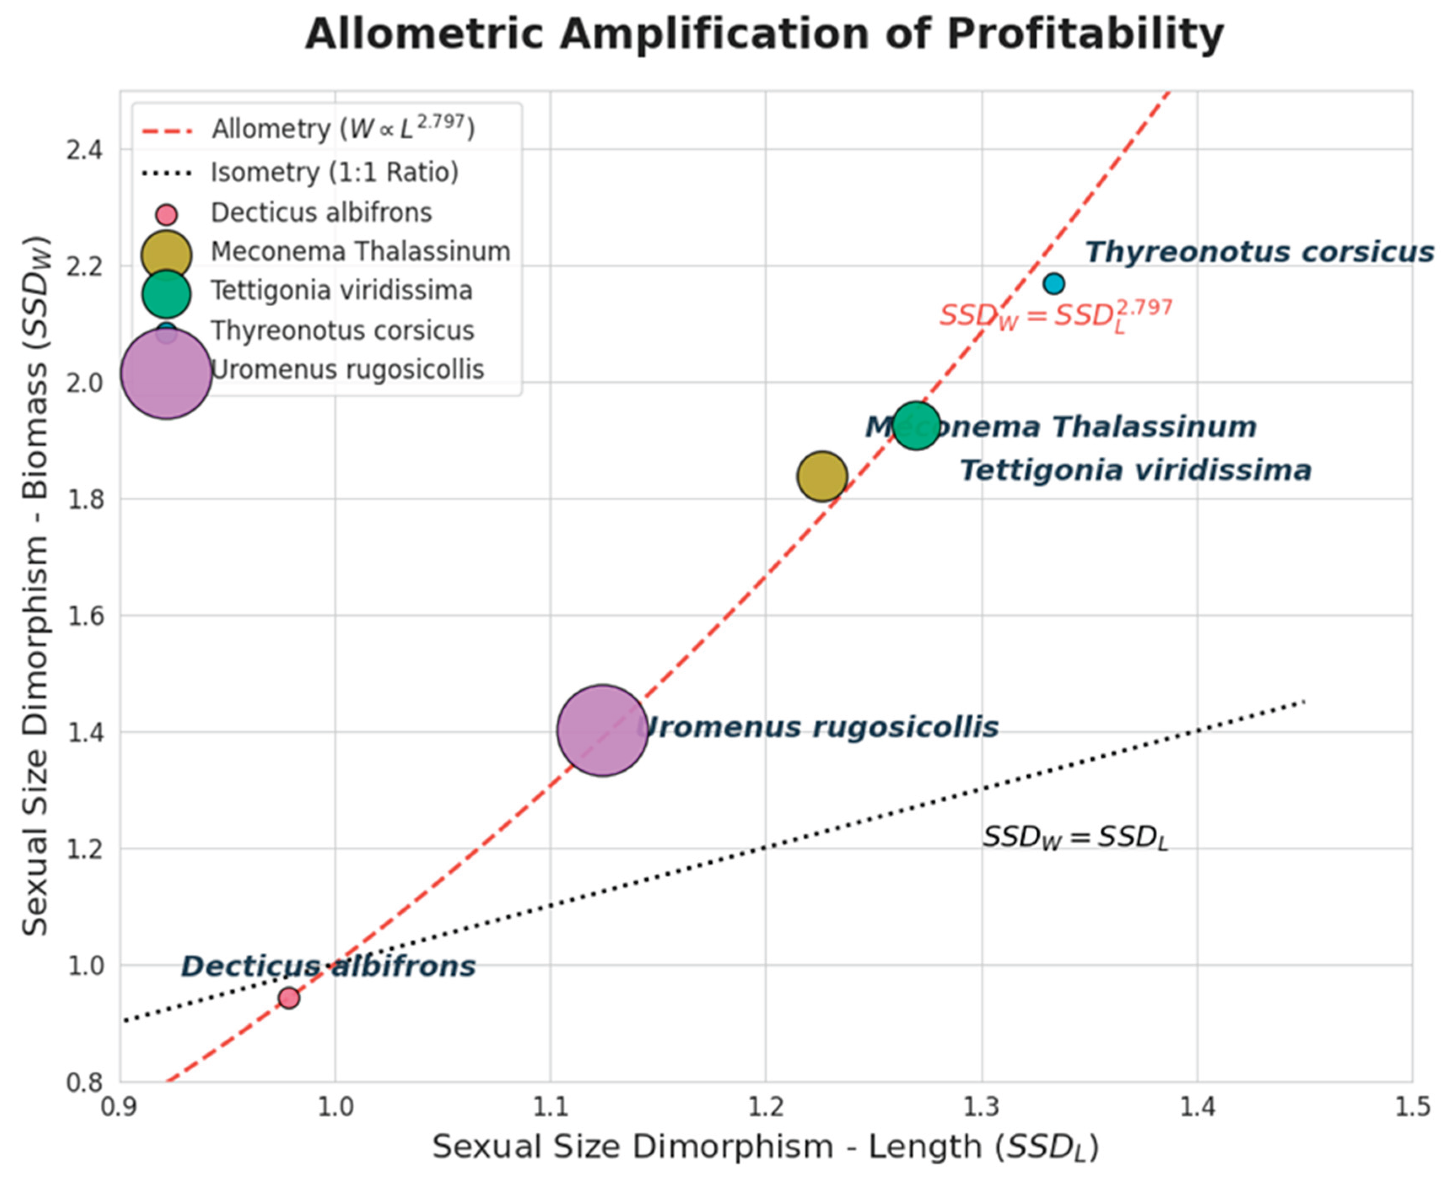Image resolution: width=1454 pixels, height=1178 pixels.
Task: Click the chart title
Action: click(x=764, y=34)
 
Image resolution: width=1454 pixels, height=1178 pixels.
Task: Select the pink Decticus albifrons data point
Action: click(x=289, y=997)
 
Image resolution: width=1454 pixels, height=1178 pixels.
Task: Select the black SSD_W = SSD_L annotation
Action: click(x=1075, y=837)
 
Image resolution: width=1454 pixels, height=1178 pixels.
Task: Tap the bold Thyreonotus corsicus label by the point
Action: click(x=1259, y=252)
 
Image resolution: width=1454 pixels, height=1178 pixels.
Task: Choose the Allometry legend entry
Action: click(x=343, y=128)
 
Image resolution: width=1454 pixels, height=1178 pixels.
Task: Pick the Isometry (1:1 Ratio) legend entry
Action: click(x=334, y=173)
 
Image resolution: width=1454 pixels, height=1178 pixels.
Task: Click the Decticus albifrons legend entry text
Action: click(x=321, y=213)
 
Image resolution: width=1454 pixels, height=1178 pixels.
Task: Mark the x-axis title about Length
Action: click(x=765, y=1147)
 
